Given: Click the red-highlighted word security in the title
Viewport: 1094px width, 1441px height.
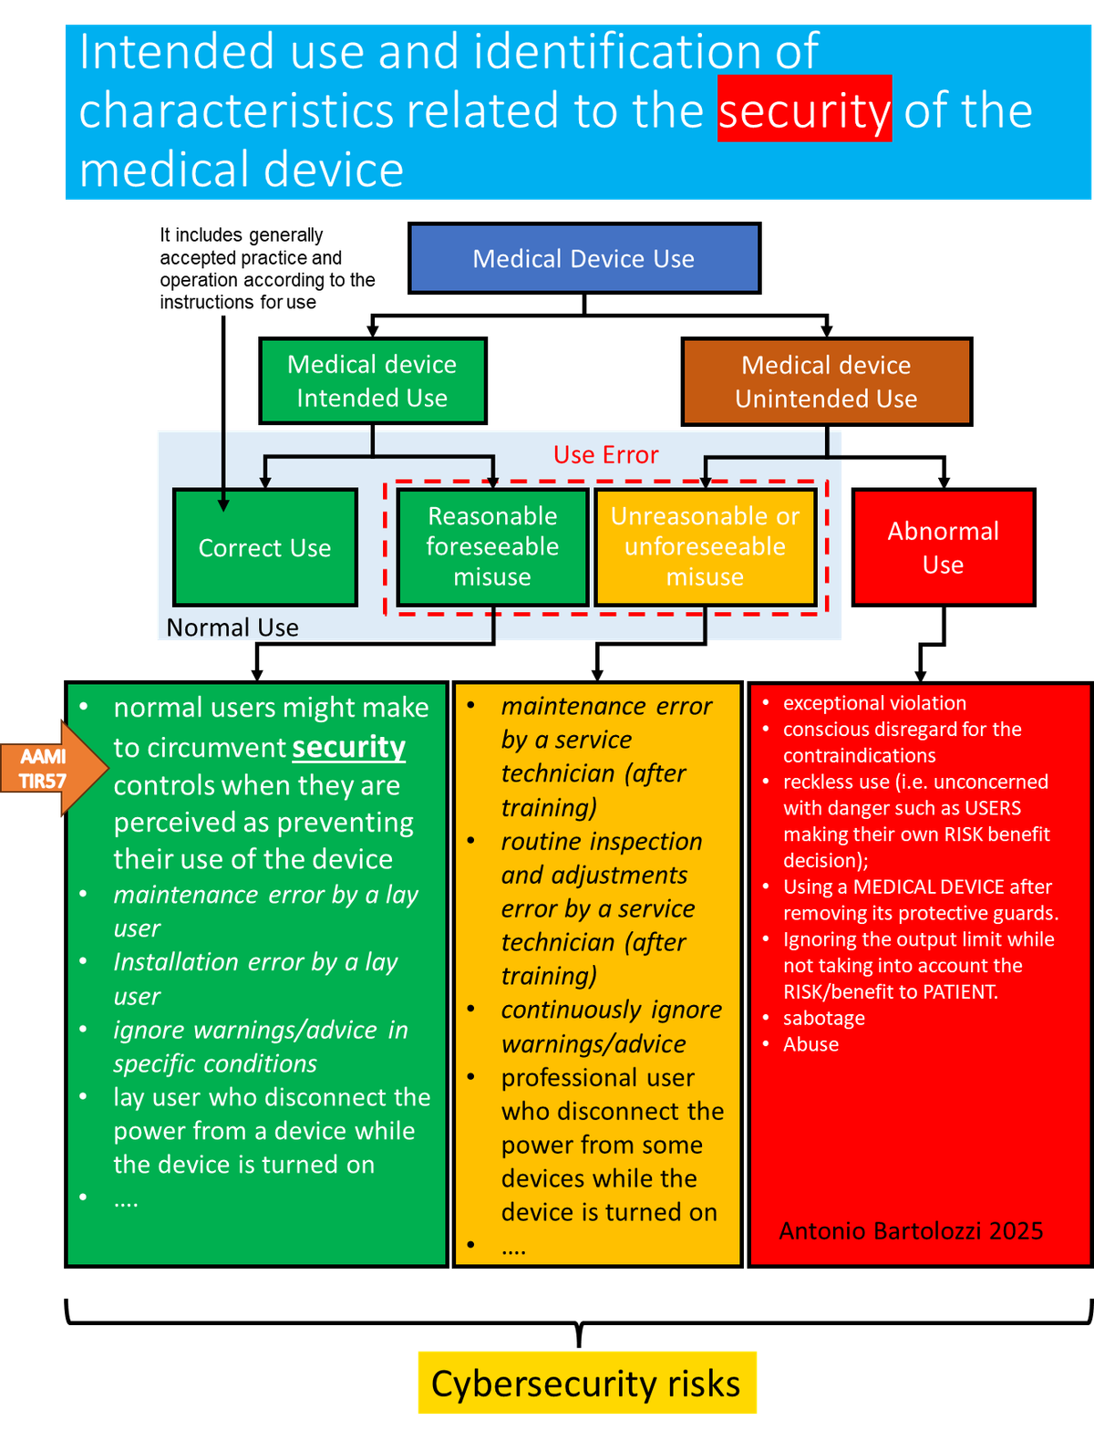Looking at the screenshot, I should coord(804,109).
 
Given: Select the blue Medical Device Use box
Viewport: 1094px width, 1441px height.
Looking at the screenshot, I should coord(583,259).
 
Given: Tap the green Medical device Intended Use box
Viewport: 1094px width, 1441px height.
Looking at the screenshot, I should coord(372,381).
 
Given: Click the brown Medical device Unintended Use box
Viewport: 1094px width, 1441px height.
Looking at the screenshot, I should coord(826,382).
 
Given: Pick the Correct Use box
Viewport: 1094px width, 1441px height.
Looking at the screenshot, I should coord(264,548).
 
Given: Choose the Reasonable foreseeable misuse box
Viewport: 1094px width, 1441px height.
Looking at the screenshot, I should coord(492,546).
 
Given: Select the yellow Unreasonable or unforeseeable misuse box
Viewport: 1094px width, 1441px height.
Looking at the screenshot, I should coord(705,546).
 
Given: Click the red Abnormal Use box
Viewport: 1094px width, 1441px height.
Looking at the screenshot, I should coord(943,547).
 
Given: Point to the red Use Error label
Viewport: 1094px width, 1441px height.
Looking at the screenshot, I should coord(605,454).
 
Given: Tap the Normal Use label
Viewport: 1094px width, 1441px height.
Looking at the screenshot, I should coord(232,627).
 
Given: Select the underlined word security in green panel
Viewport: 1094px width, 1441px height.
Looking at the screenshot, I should coord(348,747).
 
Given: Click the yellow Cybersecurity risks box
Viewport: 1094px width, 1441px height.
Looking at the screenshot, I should coord(586,1384).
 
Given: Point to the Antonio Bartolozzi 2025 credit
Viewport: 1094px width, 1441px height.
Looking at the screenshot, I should coord(911,1231).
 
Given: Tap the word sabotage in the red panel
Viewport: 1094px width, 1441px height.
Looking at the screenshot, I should coord(823,1018).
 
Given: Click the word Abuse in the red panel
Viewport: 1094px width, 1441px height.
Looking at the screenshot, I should coord(810,1044).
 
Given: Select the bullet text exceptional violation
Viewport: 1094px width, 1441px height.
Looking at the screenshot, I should coord(874,703).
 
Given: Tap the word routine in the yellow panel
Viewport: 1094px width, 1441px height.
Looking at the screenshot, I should coord(542,841).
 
